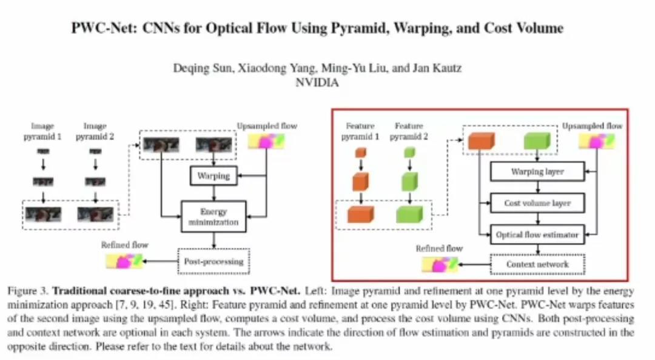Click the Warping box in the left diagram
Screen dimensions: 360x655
(x=213, y=176)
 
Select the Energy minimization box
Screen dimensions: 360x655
(x=213, y=216)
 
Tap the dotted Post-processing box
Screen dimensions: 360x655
(x=213, y=261)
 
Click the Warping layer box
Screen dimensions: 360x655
(x=537, y=172)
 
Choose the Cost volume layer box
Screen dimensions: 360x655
(x=537, y=203)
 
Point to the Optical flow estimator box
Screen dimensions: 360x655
(x=537, y=234)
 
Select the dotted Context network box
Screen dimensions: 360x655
(x=537, y=264)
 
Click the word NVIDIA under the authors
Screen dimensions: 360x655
(x=317, y=83)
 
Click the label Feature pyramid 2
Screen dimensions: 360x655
(x=408, y=131)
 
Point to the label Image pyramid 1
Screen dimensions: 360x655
(x=47, y=131)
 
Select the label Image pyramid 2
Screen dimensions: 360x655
(x=95, y=131)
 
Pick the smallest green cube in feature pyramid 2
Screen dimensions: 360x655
(x=409, y=152)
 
